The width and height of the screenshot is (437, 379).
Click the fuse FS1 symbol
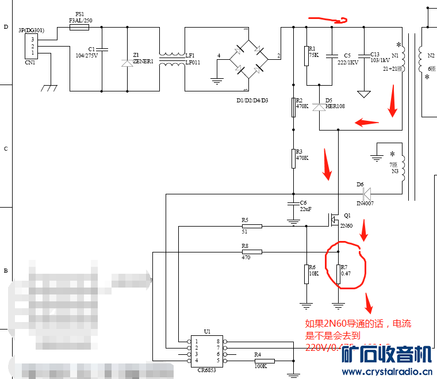[79, 26]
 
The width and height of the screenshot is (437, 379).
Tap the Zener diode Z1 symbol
[127, 62]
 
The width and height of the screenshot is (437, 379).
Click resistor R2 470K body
[293, 106]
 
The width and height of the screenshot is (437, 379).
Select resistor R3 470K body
[293, 158]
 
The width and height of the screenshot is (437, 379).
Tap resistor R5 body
[251, 226]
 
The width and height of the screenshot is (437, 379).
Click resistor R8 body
[251, 252]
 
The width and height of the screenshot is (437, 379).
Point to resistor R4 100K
[264, 361]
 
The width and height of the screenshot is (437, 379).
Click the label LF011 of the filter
[192, 62]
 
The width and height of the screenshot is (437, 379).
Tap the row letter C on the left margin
[6, 149]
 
